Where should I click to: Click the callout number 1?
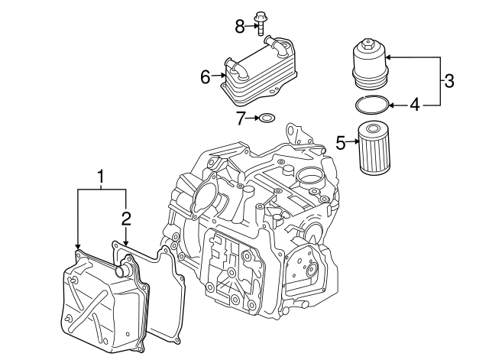(100, 177)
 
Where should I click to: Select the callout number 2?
(126, 219)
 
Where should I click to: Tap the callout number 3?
(449, 80)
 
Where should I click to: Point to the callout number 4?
(414, 104)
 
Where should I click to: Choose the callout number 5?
(341, 141)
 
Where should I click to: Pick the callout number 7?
(240, 118)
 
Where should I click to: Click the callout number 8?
(239, 27)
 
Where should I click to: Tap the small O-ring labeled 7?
(267, 118)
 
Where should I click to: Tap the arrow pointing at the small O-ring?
(253, 118)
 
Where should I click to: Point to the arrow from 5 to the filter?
(352, 141)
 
